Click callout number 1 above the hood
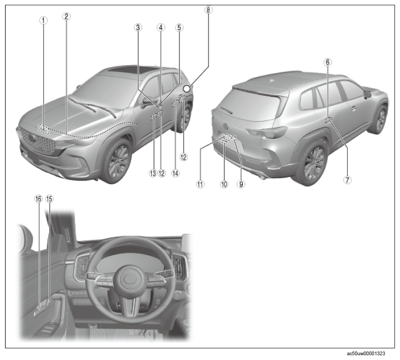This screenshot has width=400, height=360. click(x=43, y=20)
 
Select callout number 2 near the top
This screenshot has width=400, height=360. click(x=66, y=16)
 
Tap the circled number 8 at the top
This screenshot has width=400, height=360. click(x=208, y=10)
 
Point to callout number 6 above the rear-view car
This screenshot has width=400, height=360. click(x=328, y=62)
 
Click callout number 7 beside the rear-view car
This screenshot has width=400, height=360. click(x=347, y=180)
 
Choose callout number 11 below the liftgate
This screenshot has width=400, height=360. click(x=200, y=184)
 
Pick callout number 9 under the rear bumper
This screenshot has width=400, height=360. click(x=241, y=184)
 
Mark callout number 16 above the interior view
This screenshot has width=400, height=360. click(x=38, y=199)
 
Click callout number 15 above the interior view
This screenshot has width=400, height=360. click(x=50, y=199)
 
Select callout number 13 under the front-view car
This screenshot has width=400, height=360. click(x=153, y=173)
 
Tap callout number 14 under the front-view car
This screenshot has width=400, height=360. click(x=175, y=173)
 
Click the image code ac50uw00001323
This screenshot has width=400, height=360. click(x=366, y=354)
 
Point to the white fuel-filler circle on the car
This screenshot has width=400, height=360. click(x=187, y=88)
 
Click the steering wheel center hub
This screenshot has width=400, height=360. click(x=131, y=278)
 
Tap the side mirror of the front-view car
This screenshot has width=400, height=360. click(x=148, y=102)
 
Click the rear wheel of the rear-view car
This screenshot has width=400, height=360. click(x=313, y=163)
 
